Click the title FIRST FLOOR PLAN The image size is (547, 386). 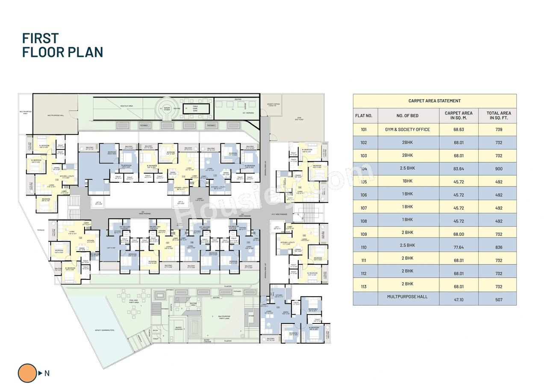click(x=62, y=45)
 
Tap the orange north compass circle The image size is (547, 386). click(x=28, y=373)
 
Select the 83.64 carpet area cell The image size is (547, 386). click(x=459, y=169)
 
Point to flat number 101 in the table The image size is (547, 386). click(x=364, y=130)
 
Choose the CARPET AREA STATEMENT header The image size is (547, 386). click(x=434, y=101)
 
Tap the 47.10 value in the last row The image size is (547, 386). click(x=459, y=300)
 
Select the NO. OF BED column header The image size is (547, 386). click(x=408, y=116)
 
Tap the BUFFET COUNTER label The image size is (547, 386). click(x=179, y=328)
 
